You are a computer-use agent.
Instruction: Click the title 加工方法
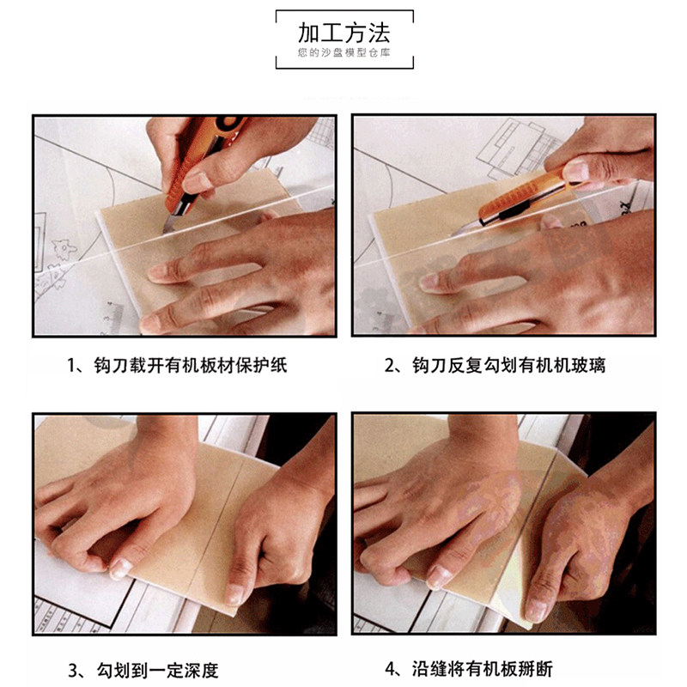(344, 33)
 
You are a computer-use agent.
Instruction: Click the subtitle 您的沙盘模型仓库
(344, 53)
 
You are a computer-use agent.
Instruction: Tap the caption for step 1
(177, 365)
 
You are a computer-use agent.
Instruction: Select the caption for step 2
(495, 365)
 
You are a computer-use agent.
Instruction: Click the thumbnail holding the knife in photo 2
(576, 171)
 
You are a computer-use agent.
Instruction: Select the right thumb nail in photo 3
(234, 593)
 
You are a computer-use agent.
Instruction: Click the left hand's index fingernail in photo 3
(119, 568)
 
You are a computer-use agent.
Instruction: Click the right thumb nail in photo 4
(535, 609)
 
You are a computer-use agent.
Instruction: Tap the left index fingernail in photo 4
(439, 576)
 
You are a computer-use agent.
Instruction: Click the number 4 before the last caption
(391, 670)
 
